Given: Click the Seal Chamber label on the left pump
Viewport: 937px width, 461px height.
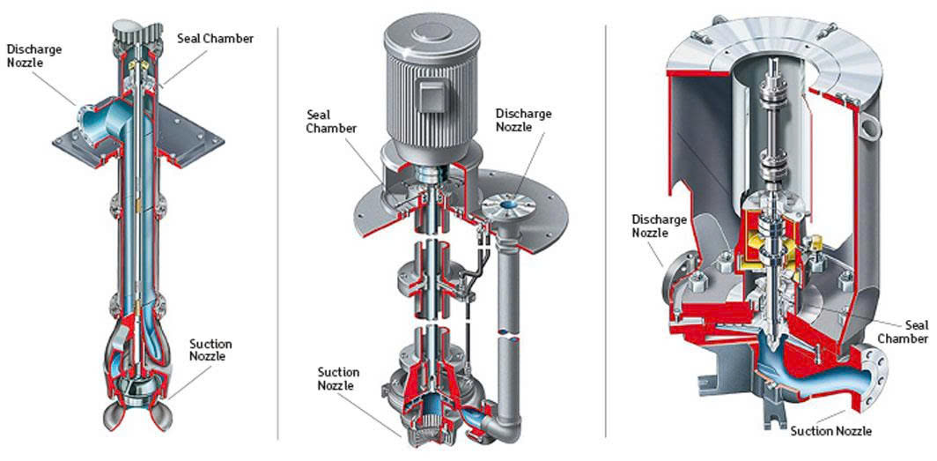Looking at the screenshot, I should [x=215, y=38].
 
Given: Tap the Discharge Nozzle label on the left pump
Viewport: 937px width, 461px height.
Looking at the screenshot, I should [x=34, y=54].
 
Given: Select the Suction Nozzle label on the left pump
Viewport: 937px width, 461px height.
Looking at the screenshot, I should [x=210, y=349].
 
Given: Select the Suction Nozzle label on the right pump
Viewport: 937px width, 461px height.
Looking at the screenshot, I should [x=831, y=431].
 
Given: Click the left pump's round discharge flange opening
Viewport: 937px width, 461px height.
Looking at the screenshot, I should [x=87, y=115].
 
